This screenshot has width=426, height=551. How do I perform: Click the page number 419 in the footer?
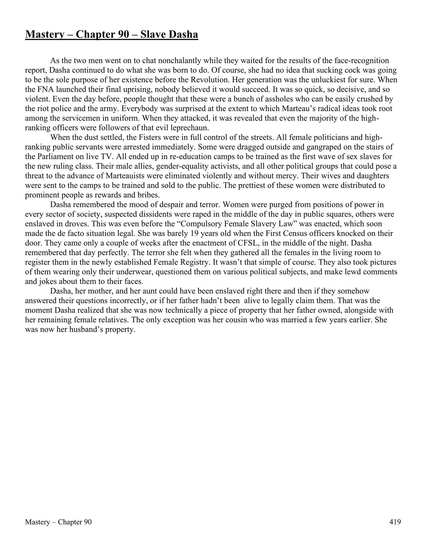pos(395,522)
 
